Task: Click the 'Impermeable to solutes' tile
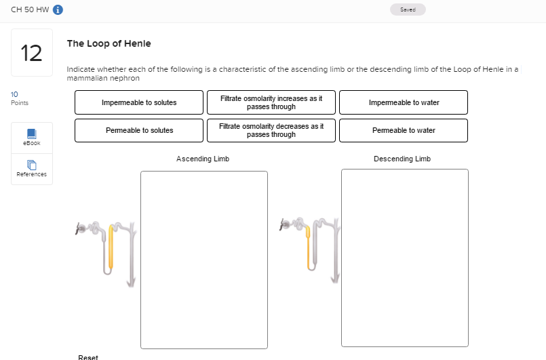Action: pos(138,102)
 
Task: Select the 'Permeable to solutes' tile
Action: pos(138,130)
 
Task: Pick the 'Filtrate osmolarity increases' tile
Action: pos(271,102)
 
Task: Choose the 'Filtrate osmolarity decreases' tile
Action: pos(271,130)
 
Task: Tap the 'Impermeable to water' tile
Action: pos(404,102)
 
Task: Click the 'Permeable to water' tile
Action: pos(404,130)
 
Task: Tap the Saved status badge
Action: pos(408,9)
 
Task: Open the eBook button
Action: pos(32,138)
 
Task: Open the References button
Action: pos(32,169)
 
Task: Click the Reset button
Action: pos(88,357)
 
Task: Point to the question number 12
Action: pos(32,53)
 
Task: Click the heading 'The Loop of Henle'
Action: pos(109,43)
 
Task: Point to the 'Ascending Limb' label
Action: pos(203,159)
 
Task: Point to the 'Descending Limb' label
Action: pos(402,159)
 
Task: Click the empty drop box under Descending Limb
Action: pos(404,258)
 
